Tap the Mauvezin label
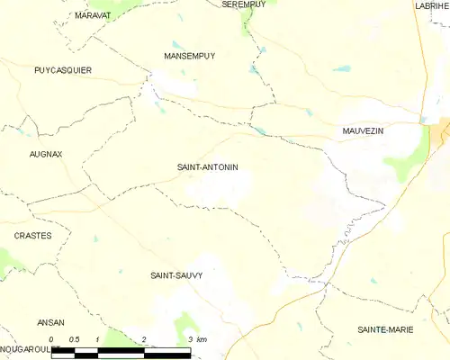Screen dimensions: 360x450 click(x=363, y=131)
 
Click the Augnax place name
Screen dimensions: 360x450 click(x=46, y=154)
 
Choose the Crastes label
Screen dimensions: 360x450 click(x=33, y=235)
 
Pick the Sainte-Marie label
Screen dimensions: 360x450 click(x=386, y=330)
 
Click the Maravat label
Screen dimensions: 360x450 click(x=93, y=16)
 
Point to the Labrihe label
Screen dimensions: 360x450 click(x=432, y=5)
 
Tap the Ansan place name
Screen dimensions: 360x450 click(x=50, y=322)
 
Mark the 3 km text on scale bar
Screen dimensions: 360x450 click(x=198, y=339)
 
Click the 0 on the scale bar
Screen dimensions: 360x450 click(x=52, y=339)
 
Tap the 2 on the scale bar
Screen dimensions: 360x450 click(x=144, y=339)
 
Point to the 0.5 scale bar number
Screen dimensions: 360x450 click(x=75, y=339)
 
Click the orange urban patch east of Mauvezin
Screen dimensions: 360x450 click(x=441, y=132)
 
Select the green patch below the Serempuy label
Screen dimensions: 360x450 click(x=247, y=20)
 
